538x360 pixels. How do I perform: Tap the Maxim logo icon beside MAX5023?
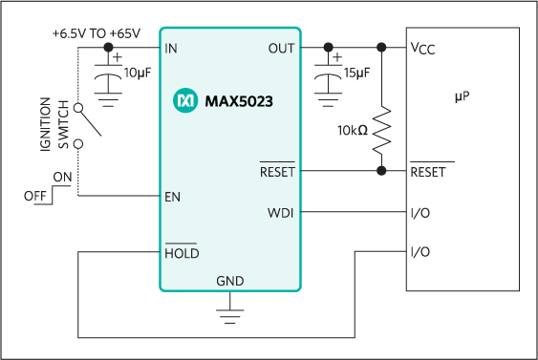(x=184, y=100)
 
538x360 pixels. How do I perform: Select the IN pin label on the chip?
(x=171, y=48)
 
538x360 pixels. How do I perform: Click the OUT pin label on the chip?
(x=282, y=48)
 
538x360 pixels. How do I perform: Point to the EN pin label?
(x=173, y=196)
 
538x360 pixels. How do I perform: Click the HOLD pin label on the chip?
(x=181, y=253)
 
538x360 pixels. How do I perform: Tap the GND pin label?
(x=229, y=281)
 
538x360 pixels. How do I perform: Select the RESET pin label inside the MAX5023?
(x=277, y=172)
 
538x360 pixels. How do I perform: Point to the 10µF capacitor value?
(x=138, y=72)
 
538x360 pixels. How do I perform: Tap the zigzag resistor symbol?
(x=382, y=131)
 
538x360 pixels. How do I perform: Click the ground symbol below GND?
(x=229, y=314)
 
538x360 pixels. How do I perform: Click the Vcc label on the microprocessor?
(x=422, y=48)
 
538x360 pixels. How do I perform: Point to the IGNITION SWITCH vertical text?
(x=52, y=124)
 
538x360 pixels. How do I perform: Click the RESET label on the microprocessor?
(x=428, y=172)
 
